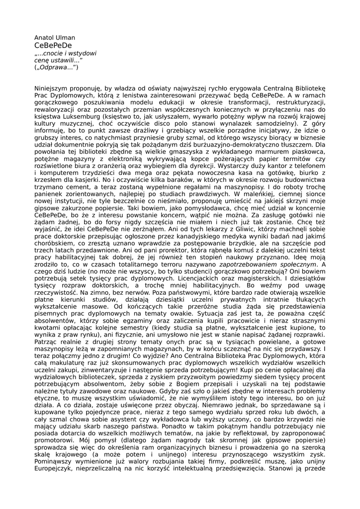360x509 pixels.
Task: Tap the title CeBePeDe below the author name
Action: [x=53, y=45]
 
